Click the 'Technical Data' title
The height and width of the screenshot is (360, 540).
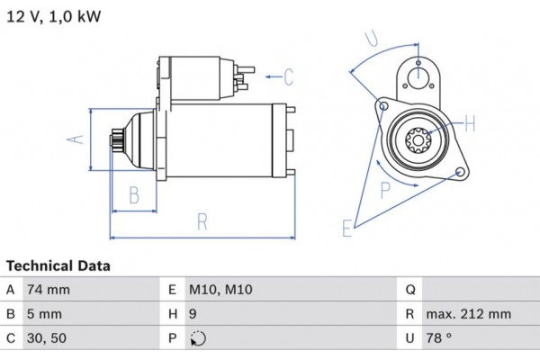[x=58, y=266]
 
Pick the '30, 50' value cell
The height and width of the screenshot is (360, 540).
[x=47, y=338]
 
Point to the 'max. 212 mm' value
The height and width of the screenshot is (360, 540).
[x=470, y=314]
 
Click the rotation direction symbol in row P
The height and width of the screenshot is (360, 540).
[x=198, y=339]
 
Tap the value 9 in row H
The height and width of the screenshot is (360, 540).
[x=193, y=314]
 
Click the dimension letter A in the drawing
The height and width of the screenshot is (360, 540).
[x=77, y=139]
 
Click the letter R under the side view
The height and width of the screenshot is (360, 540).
[x=202, y=221]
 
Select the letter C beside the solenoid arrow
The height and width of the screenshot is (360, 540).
[x=289, y=77]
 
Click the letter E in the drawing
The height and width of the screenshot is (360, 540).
[x=347, y=229]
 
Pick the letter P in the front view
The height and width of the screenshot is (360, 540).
[x=385, y=189]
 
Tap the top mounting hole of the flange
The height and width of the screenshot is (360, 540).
[x=418, y=76]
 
